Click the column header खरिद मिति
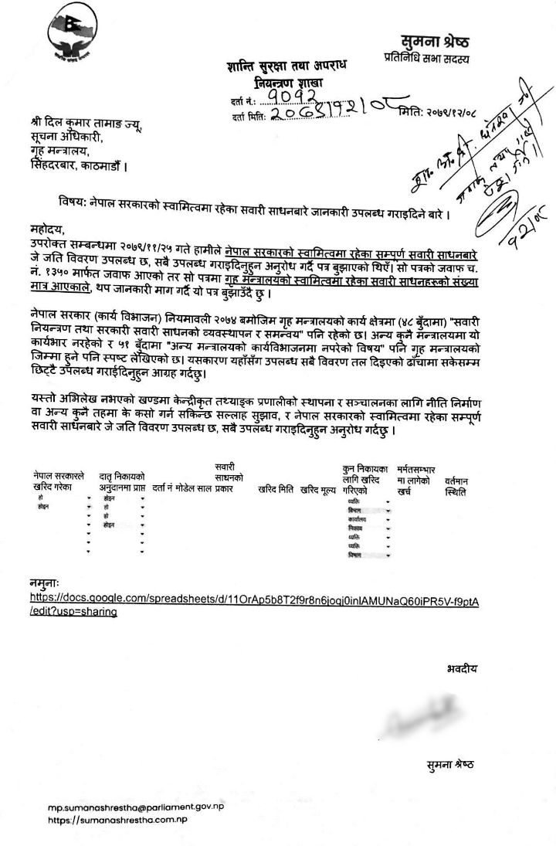click(276, 489)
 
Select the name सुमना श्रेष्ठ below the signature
click(449, 765)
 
